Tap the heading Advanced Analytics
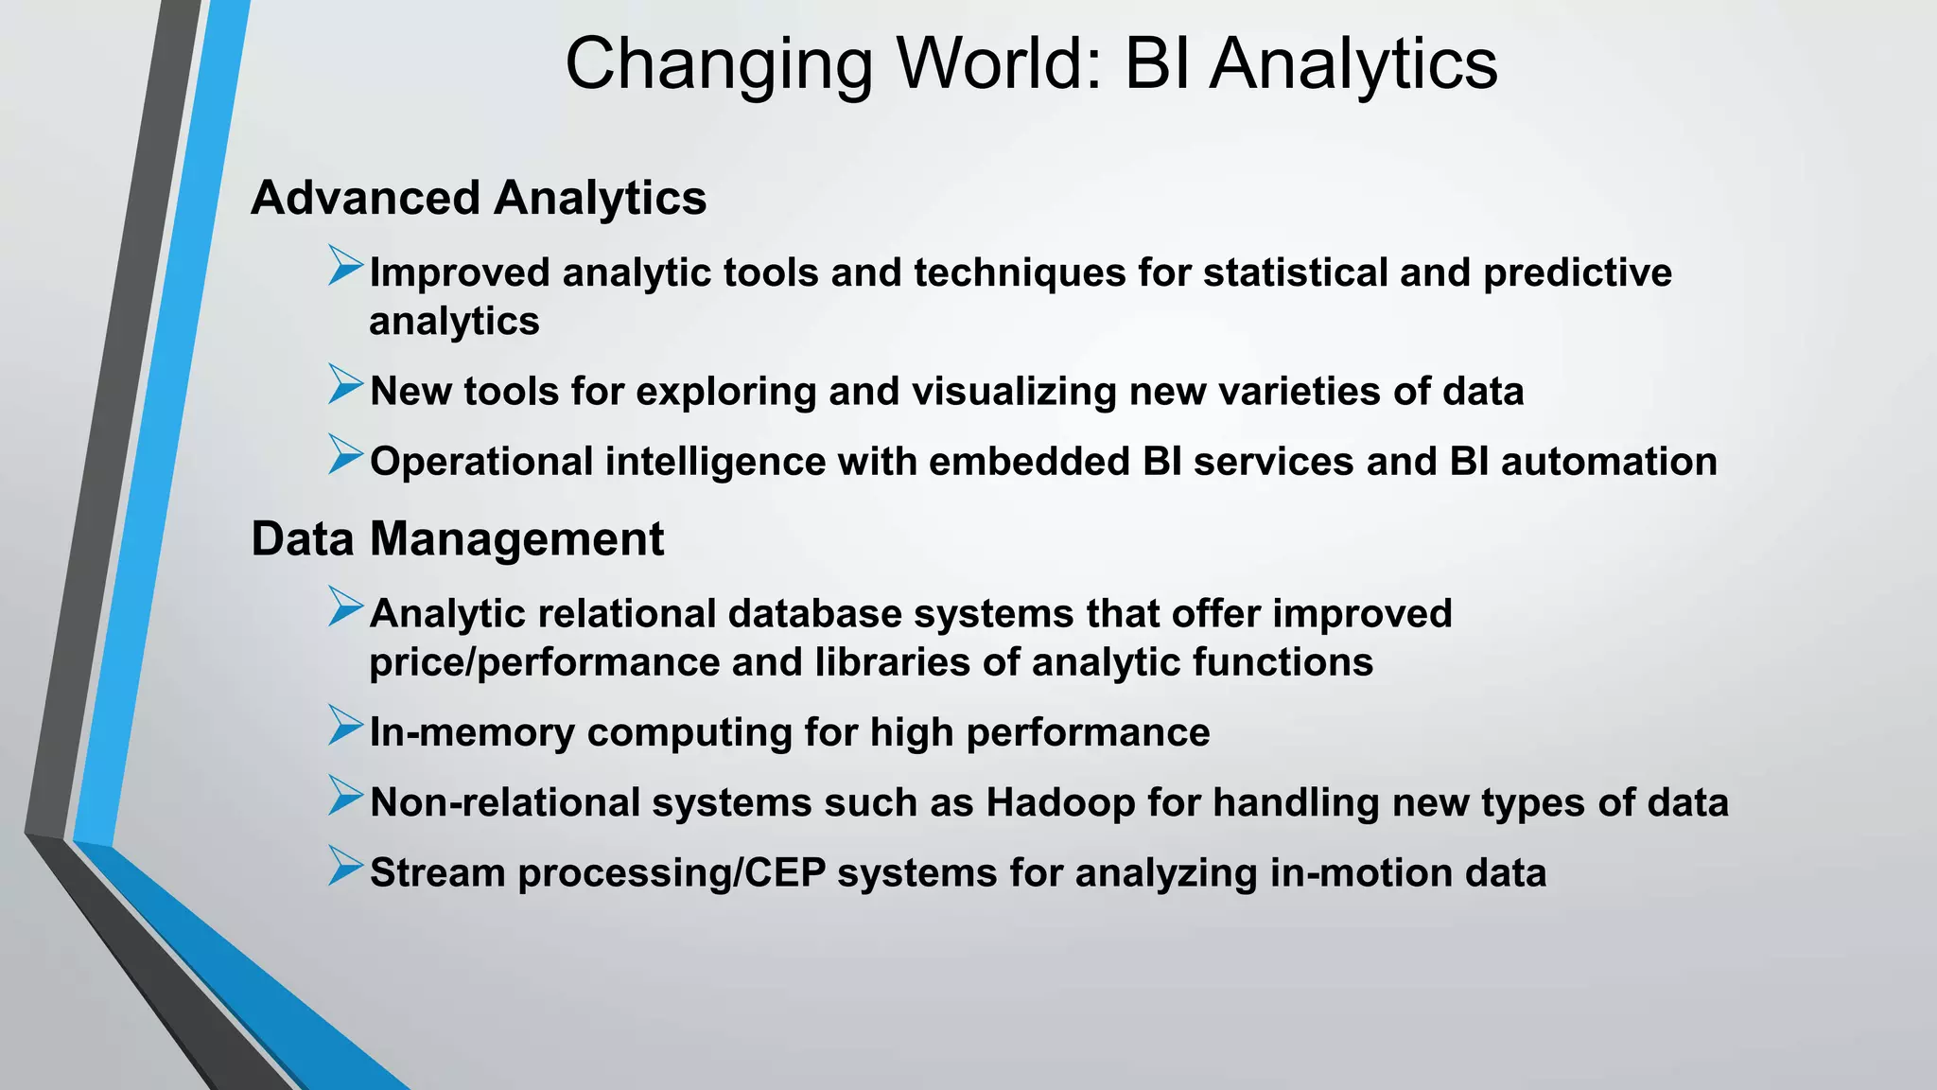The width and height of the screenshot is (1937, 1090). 479,199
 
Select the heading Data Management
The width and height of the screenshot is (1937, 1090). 457,539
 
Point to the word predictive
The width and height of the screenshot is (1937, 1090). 1577,272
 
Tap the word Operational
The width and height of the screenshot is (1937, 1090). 481,463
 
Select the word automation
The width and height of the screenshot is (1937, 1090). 1609,462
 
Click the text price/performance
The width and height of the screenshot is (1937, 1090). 544,662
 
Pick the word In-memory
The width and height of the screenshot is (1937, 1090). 471,732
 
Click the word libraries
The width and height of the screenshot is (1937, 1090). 892,662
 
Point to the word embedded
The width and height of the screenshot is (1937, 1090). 1029,462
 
